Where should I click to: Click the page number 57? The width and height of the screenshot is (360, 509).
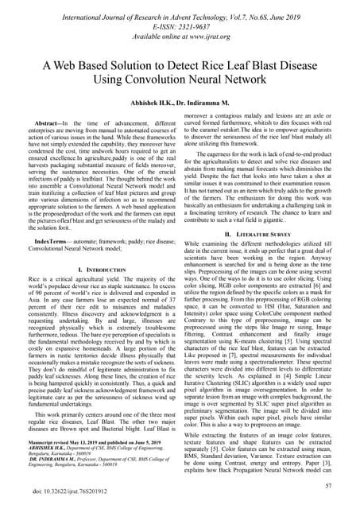point(339,484)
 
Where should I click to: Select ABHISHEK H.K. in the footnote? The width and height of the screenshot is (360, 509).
point(48,448)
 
